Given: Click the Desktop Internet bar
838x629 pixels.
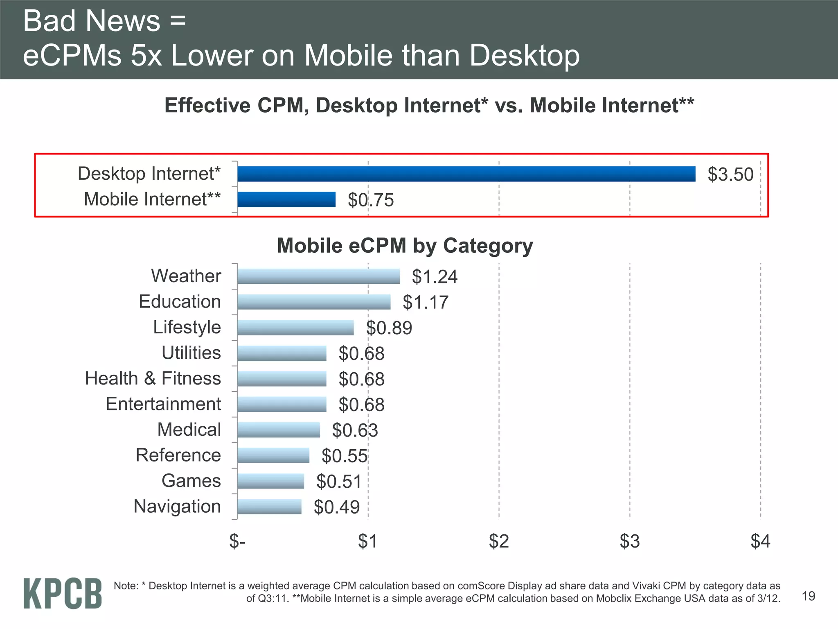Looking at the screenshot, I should pyautogui.click(x=466, y=174).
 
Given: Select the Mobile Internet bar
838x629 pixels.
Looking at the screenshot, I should pyautogui.click(x=286, y=199).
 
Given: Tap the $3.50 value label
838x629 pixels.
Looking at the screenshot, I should pyautogui.click(x=730, y=174).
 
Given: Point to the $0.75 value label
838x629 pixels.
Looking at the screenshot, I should pyautogui.click(x=371, y=200).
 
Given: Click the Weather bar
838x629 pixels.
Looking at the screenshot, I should pyautogui.click(x=318, y=276).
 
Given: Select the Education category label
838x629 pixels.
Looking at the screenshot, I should pyautogui.click(x=180, y=302).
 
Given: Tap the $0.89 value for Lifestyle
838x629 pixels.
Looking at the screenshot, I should pyautogui.click(x=389, y=328).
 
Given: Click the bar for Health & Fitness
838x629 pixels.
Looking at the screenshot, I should pyautogui.click(x=282, y=379).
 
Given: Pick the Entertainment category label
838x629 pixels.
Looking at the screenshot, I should pyautogui.click(x=163, y=404).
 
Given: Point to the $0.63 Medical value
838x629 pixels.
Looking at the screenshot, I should pyautogui.click(x=355, y=430).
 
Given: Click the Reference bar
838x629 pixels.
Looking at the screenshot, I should pyautogui.click(x=273, y=455).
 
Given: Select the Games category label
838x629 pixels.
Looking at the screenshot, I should pyautogui.click(x=191, y=481).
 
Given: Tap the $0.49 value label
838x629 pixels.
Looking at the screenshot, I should pyautogui.click(x=337, y=507).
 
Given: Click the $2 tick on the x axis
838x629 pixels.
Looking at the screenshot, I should pyautogui.click(x=499, y=541).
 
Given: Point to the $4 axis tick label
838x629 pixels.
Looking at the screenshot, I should pyautogui.click(x=760, y=541).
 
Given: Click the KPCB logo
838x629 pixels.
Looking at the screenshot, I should pyautogui.click(x=63, y=593).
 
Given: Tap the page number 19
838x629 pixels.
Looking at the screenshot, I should pyautogui.click(x=809, y=596).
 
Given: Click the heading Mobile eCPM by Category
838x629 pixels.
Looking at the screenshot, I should pyautogui.click(x=405, y=246).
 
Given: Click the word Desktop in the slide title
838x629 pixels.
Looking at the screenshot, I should pyautogui.click(x=525, y=55).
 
